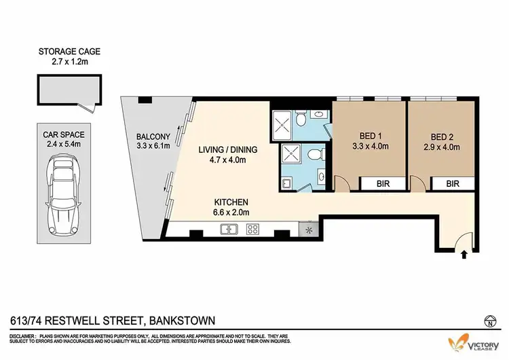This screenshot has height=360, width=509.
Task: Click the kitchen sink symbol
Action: pyautogui.click(x=227, y=230)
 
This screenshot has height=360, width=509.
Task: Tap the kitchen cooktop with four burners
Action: pyautogui.click(x=252, y=230)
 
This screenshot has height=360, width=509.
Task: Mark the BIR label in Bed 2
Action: pyautogui.click(x=453, y=183)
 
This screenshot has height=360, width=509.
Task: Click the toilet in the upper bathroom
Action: pyautogui.click(x=301, y=120)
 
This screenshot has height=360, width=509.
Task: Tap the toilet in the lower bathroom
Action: pyautogui.click(x=312, y=156)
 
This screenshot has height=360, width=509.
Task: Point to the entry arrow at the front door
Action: pyautogui.click(x=464, y=256)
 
